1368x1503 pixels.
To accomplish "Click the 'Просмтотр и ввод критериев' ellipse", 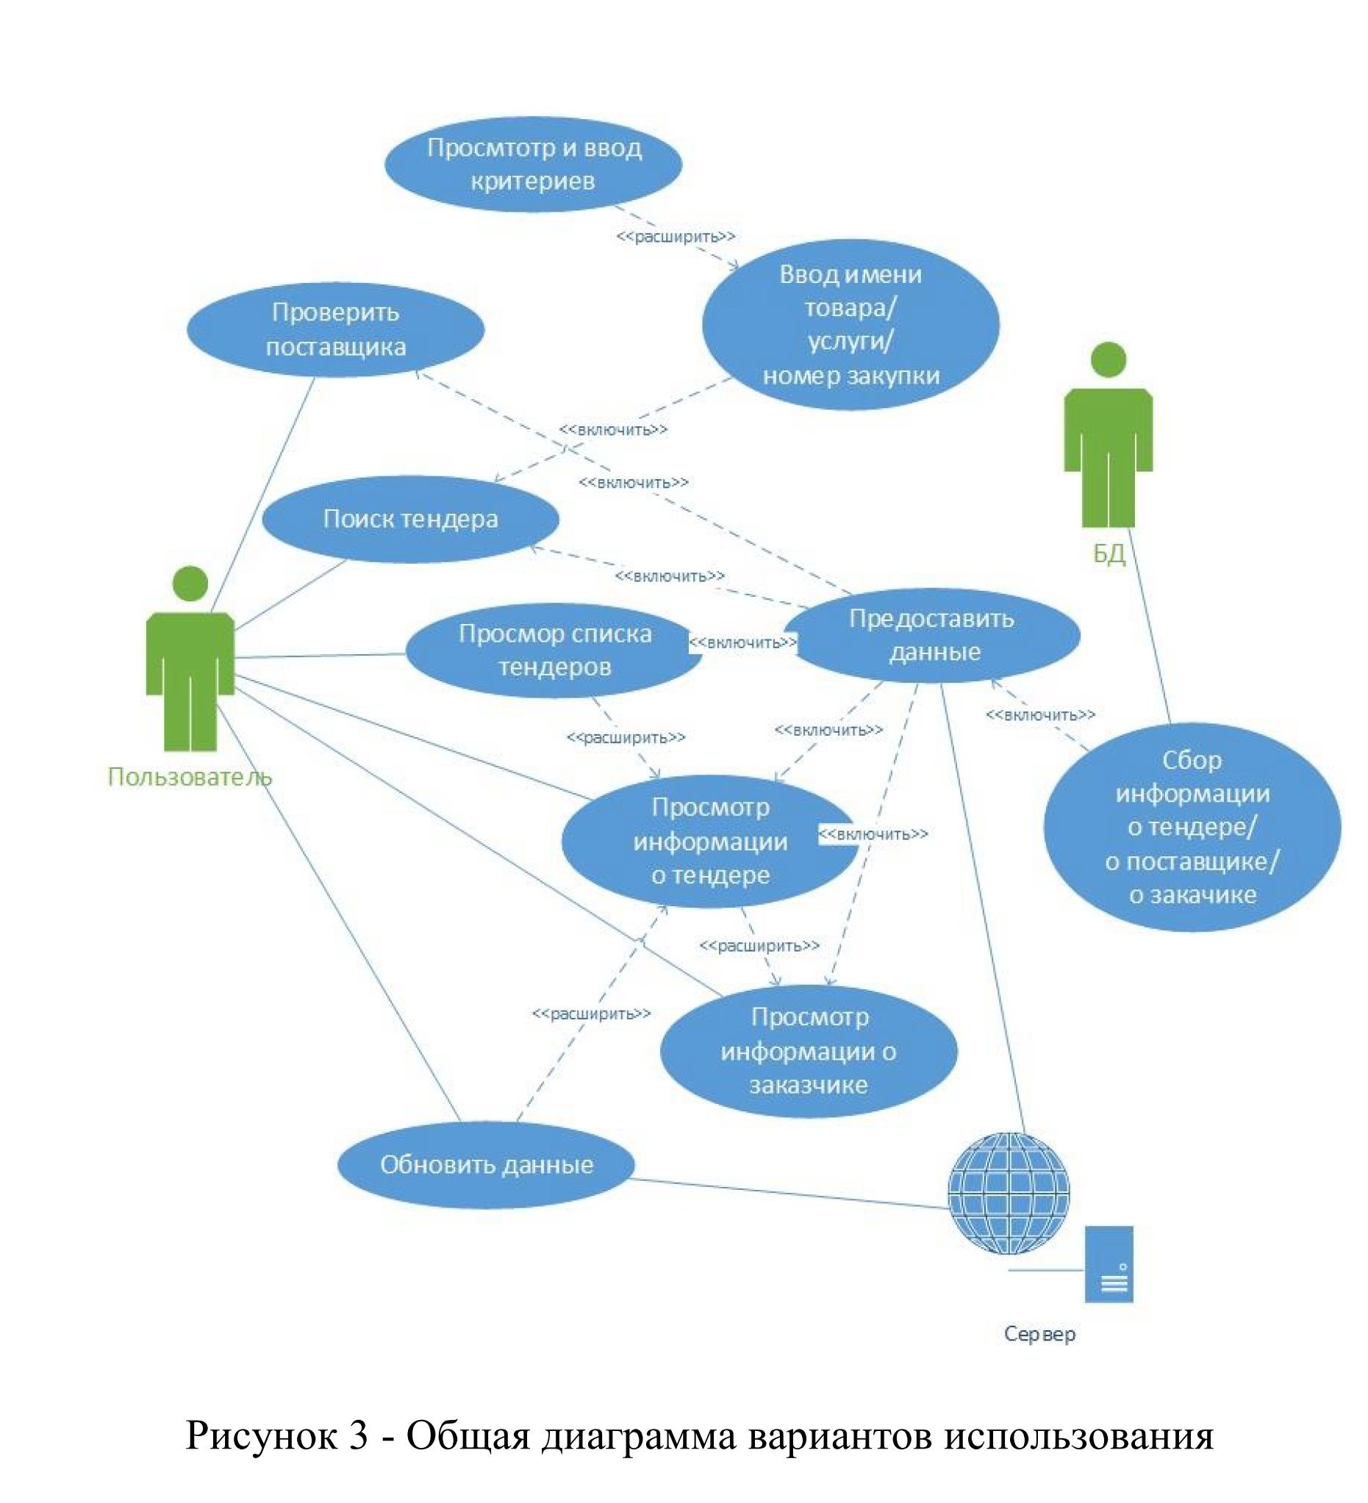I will pyautogui.click(x=533, y=164).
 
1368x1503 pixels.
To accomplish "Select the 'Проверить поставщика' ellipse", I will pyautogui.click(x=335, y=329).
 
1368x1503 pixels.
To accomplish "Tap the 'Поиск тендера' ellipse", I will pyautogui.click(x=411, y=519).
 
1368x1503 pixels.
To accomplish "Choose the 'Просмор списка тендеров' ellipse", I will pyautogui.click(x=554, y=650).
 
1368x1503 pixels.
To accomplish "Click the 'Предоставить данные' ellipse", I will pyautogui.click(x=932, y=635).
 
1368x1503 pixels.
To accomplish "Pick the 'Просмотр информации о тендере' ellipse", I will pyautogui.click(x=709, y=841).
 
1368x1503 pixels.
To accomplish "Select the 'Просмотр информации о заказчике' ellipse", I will pyautogui.click(x=809, y=1050).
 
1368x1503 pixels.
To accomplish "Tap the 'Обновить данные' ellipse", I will pyautogui.click(x=486, y=1164).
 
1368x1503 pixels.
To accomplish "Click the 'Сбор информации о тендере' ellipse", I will pyautogui.click(x=1192, y=827).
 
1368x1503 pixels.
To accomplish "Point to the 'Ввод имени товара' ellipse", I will pyautogui.click(x=850, y=324).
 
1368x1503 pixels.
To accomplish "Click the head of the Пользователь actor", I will pyautogui.click(x=190, y=583).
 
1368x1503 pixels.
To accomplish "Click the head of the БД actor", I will pyautogui.click(x=1109, y=359).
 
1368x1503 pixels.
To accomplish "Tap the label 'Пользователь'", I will pyautogui.click(x=190, y=777).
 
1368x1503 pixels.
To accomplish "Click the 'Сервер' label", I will pyautogui.click(x=1039, y=1333).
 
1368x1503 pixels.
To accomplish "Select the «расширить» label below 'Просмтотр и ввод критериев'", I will pyautogui.click(x=676, y=237).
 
